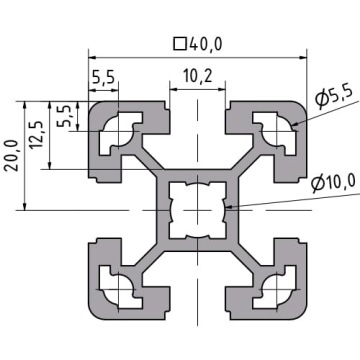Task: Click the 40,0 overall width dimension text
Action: pyautogui.click(x=205, y=44)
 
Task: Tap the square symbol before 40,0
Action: pyautogui.click(x=180, y=44)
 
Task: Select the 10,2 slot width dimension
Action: pyautogui.click(x=198, y=77)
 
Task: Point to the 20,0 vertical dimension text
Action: pyautogui.click(x=12, y=156)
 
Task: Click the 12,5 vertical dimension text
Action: pyautogui.click(x=37, y=134)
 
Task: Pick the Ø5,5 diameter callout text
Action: pyautogui.click(x=334, y=99)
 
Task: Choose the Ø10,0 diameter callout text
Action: pyautogui.click(x=333, y=184)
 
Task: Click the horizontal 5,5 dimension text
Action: pyautogui.click(x=103, y=79)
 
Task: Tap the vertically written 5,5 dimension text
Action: pyautogui.click(x=64, y=116)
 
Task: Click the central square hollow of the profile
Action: pyautogui.click(x=198, y=210)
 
